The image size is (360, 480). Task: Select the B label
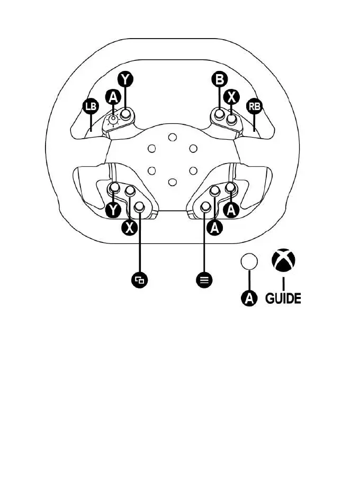tap(219, 80)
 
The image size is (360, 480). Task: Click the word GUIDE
tap(283, 298)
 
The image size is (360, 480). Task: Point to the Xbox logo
tap(283, 261)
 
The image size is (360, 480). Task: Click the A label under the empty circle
tap(249, 298)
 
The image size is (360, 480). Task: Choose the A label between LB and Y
tap(112, 97)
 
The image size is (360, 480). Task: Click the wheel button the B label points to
tap(219, 113)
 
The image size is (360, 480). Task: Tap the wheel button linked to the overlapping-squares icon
tap(140, 207)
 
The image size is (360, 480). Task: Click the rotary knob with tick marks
tap(112, 121)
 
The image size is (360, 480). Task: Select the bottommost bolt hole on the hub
tap(172, 183)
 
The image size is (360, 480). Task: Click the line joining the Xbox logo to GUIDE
tap(283, 282)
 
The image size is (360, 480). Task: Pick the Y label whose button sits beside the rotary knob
tap(125, 80)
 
